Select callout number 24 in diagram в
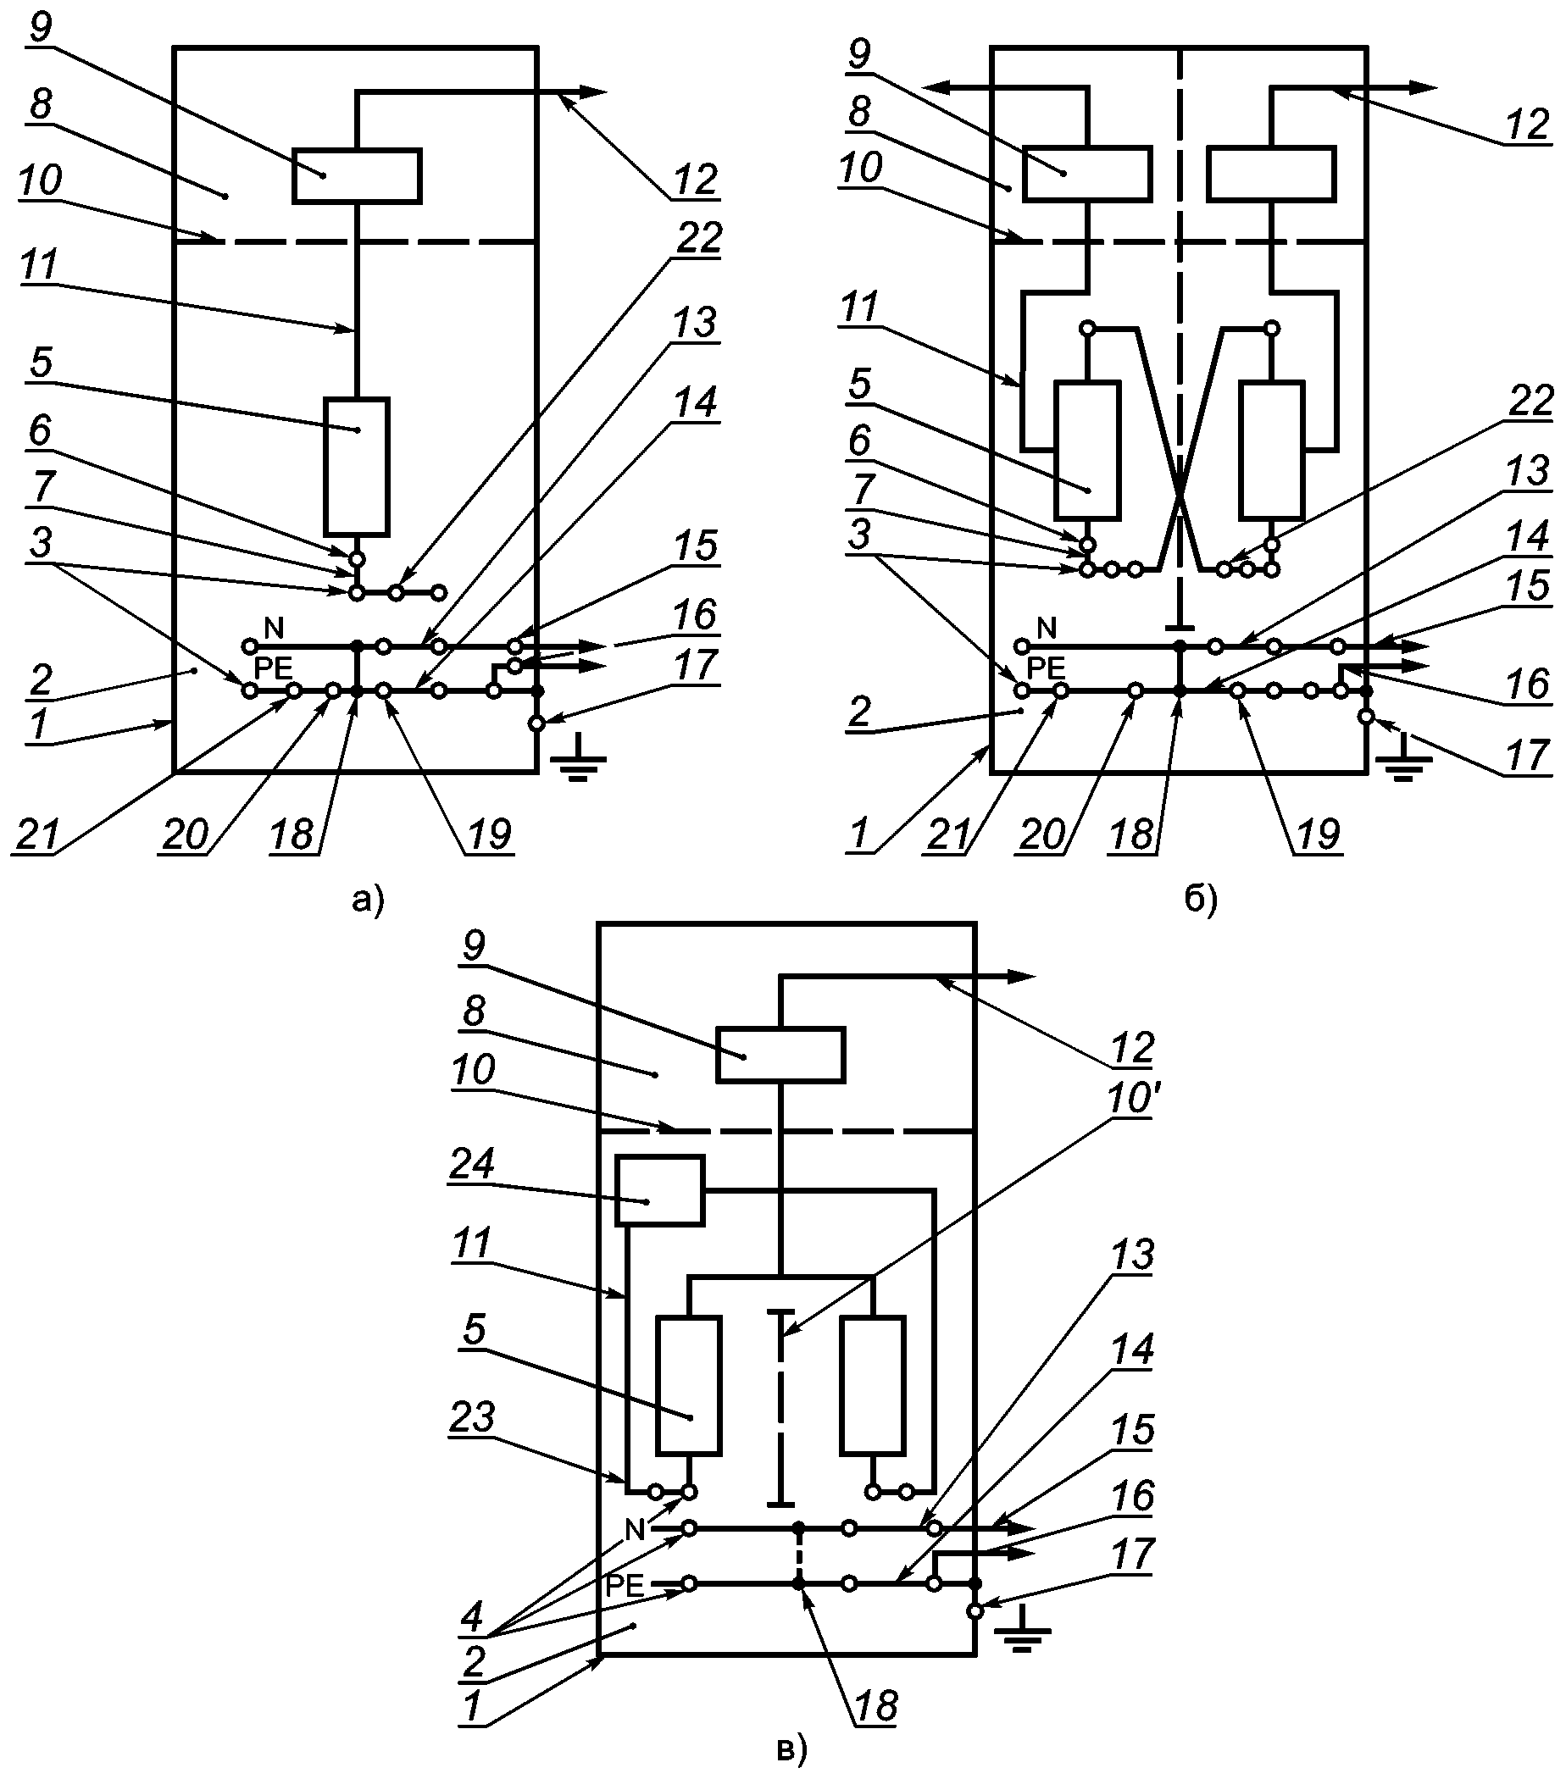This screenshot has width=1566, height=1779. (x=472, y=1164)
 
